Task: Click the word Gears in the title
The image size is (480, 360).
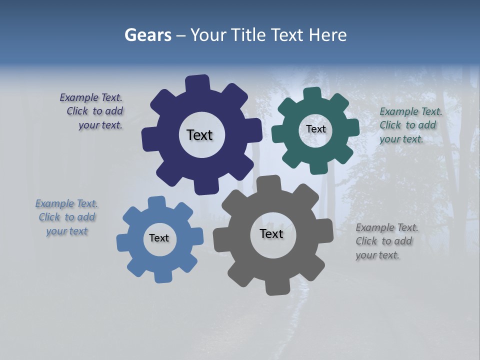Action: [147, 35]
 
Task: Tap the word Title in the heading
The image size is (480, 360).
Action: [248, 35]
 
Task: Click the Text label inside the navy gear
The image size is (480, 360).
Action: [199, 135]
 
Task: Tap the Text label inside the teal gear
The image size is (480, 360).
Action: [315, 129]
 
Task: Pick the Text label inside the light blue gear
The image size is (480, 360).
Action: [159, 238]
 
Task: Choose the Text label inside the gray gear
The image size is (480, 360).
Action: [271, 233]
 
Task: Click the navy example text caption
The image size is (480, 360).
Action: [92, 111]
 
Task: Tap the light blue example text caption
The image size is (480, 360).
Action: [66, 217]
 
